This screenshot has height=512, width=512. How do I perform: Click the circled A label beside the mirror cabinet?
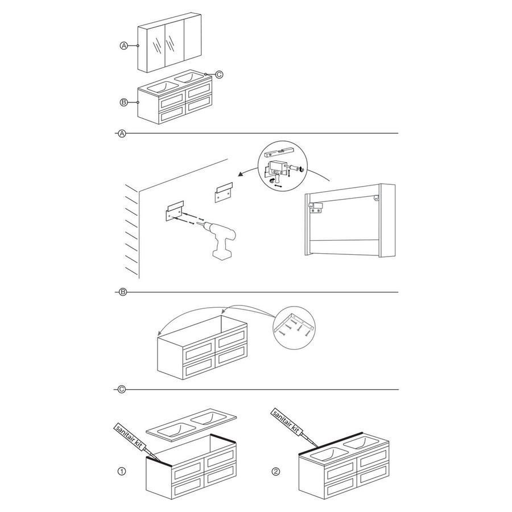tap(124, 46)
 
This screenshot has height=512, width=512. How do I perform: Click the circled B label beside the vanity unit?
tap(124, 102)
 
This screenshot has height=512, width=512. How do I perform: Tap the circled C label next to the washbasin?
tap(219, 75)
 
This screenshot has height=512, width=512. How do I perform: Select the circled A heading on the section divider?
tap(122, 133)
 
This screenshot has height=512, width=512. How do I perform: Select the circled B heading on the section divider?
tap(122, 292)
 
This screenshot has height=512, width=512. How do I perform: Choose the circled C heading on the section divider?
tap(122, 389)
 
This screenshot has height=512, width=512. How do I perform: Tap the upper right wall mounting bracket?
tap(224, 192)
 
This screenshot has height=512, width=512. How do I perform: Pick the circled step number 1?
tap(122, 471)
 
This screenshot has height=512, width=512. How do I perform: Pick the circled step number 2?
tap(276, 471)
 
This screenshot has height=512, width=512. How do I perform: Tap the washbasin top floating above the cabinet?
tap(191, 423)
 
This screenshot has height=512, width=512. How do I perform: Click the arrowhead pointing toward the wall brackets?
tap(241, 175)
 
